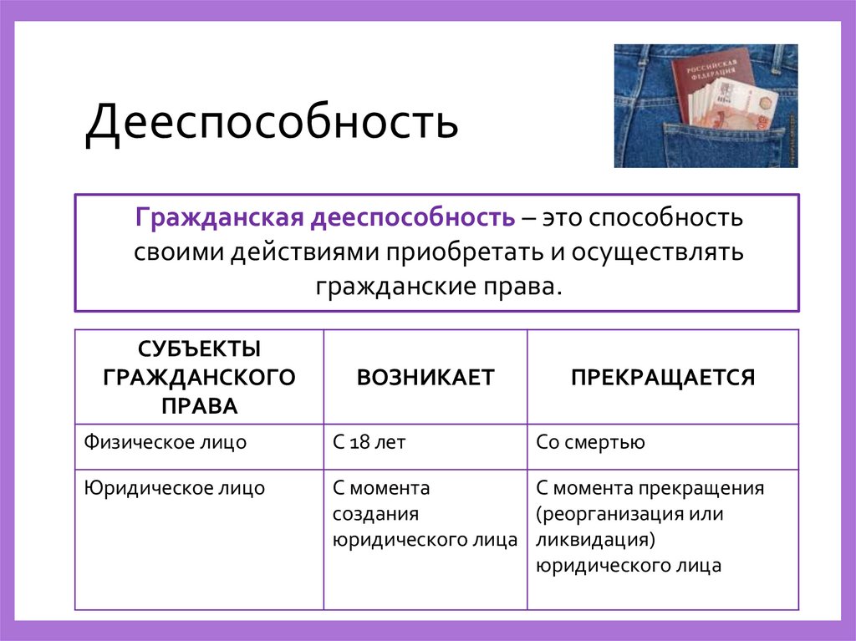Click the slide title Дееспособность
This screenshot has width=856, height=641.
(272, 123)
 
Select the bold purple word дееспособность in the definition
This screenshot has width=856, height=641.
(412, 218)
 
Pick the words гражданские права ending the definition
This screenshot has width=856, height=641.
(436, 285)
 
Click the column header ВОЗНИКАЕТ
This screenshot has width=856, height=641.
(425, 377)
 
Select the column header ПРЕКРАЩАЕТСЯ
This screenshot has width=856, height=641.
(663, 377)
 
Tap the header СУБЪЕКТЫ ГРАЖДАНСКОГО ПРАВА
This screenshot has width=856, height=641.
(199, 377)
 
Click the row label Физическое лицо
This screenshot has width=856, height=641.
(165, 442)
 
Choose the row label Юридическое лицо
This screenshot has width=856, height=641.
(174, 488)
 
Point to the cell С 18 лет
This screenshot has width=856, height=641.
(369, 442)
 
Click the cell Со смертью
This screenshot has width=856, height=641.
(590, 442)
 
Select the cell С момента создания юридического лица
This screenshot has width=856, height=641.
(425, 513)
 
